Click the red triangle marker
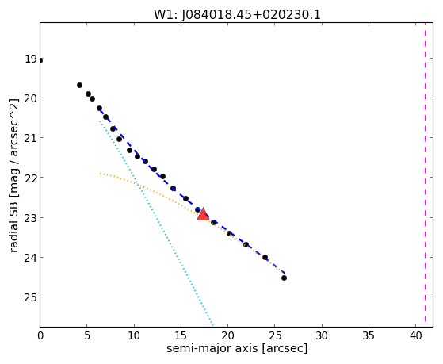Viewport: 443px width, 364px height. (203, 214)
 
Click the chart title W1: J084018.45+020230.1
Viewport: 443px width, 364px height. (237, 15)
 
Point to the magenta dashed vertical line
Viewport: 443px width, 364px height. (425, 174)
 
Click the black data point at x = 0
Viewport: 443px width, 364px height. (40, 60)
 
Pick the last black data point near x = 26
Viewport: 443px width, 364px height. (284, 278)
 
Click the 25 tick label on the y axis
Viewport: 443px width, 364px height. (31, 297)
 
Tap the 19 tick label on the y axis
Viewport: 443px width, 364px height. (31, 59)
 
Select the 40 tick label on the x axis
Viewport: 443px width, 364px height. (415, 335)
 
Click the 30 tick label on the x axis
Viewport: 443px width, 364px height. (322, 335)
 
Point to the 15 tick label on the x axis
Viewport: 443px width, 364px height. (181, 335)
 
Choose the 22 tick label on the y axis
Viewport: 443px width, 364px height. (31, 178)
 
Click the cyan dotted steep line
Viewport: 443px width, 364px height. (156, 223)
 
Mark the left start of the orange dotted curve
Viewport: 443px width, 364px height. (100, 174)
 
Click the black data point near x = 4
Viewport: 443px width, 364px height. (80, 85)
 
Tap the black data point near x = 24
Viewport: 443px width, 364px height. (265, 258)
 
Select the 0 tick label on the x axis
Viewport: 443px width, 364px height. (40, 335)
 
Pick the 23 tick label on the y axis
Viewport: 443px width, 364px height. (31, 218)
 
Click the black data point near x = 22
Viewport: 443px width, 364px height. (246, 244)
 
